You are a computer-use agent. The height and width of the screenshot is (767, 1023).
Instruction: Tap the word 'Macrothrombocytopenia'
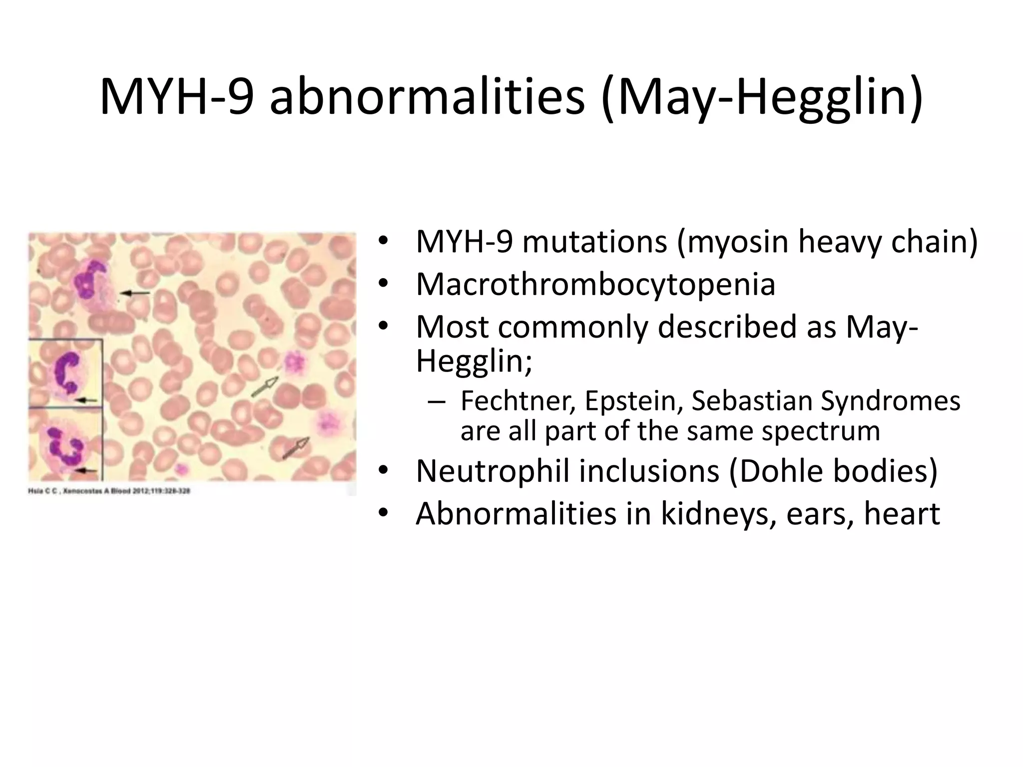tap(595, 284)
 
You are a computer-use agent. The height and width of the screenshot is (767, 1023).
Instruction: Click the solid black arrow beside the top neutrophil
tap(135, 293)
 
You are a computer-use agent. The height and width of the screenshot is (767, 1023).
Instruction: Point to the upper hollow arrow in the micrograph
tap(264, 387)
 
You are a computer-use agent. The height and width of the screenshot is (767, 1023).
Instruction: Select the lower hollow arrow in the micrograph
tap(296, 447)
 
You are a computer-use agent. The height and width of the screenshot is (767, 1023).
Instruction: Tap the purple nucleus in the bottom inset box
tap(65, 443)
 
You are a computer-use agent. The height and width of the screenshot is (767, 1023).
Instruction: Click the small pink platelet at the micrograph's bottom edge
tap(181, 469)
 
